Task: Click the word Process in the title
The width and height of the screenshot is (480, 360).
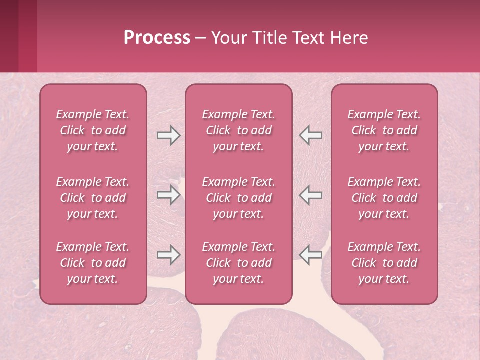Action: [x=157, y=38]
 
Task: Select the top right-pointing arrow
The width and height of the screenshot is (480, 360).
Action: [x=168, y=135]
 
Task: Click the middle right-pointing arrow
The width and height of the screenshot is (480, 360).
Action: [x=168, y=195]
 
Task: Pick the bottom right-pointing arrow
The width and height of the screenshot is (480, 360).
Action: [x=168, y=255]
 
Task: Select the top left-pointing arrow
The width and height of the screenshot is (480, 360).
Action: [x=311, y=135]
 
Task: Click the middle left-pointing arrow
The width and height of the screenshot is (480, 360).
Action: [x=311, y=195]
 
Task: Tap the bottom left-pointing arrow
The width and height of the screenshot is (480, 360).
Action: [x=311, y=255]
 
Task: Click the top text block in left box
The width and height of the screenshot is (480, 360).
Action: [x=93, y=130]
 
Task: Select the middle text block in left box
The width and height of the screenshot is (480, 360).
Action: [x=93, y=198]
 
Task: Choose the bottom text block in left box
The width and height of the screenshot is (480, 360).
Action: [x=93, y=263]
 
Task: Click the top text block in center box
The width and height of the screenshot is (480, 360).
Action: [x=239, y=130]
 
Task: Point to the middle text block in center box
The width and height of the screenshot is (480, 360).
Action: [x=239, y=198]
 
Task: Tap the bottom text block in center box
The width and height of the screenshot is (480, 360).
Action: [x=239, y=263]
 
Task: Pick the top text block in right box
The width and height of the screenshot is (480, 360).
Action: [x=384, y=130]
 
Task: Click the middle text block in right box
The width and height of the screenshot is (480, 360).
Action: [x=384, y=198]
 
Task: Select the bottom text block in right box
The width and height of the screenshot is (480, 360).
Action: [x=384, y=263]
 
